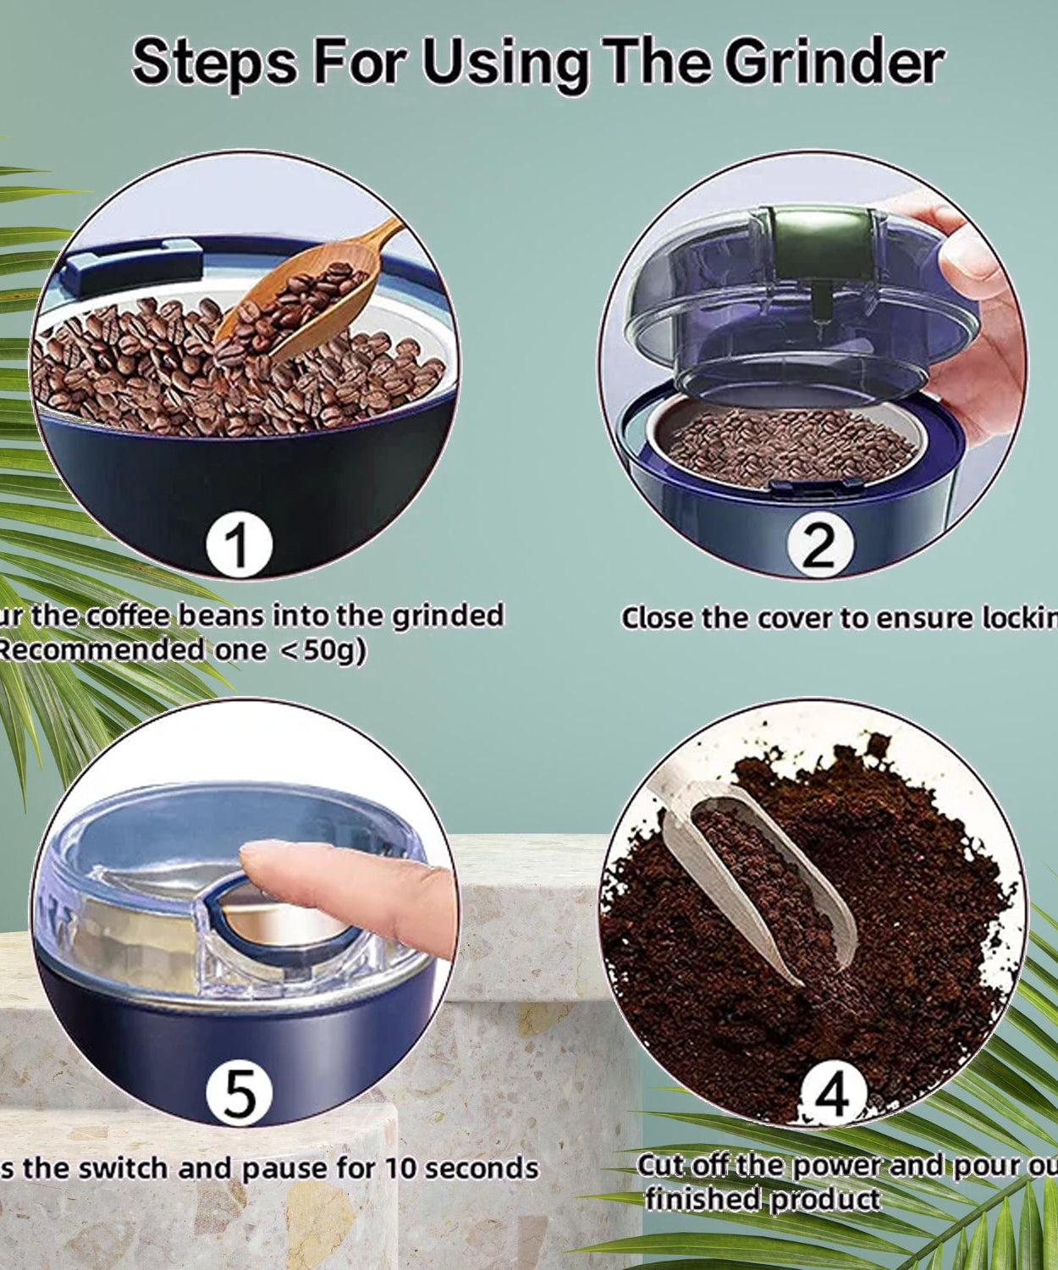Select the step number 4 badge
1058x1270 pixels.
(x=833, y=1094)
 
